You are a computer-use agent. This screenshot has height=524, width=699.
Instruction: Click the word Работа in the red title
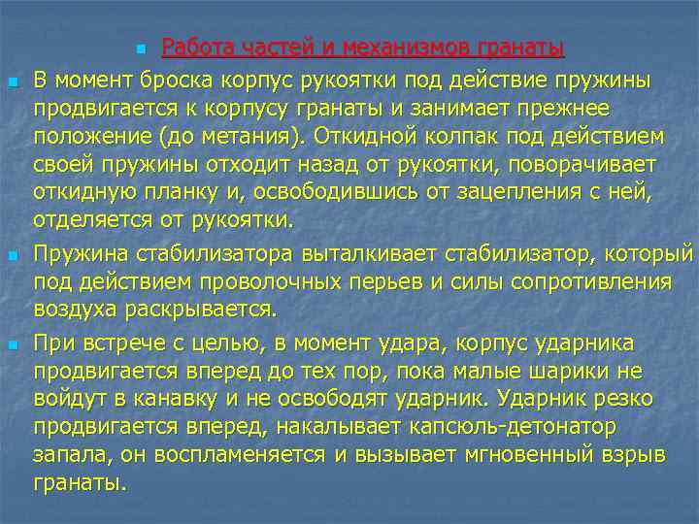click(x=195, y=48)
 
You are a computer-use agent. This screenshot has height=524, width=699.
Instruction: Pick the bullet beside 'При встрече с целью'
click(x=14, y=344)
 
